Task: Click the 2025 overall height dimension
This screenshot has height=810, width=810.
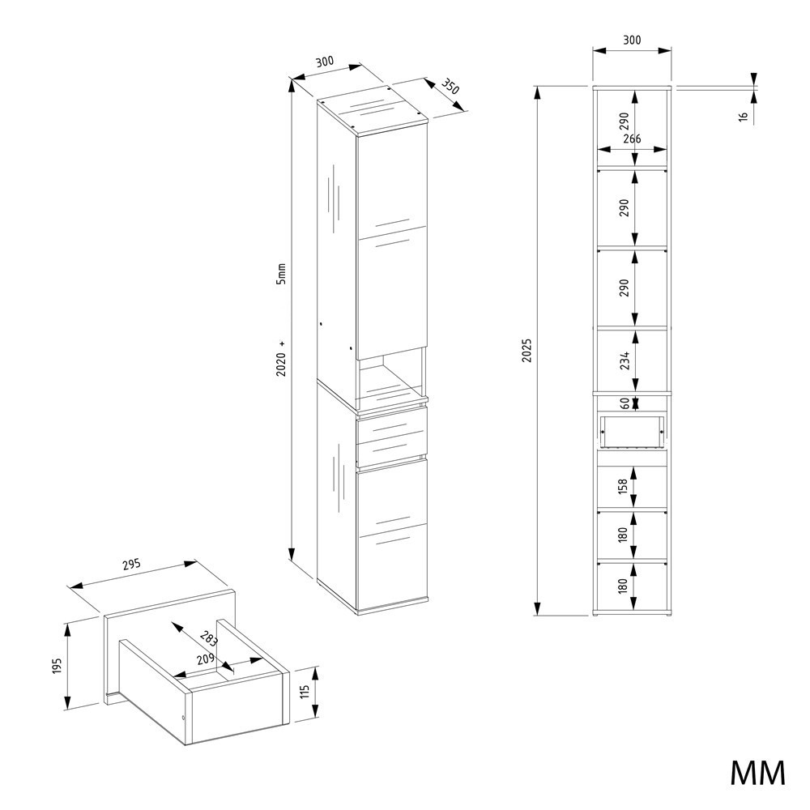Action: (526, 351)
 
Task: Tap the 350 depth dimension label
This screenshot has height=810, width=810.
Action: (450, 87)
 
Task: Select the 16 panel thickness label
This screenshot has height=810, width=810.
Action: (744, 117)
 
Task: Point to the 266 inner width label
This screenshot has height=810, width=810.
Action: (632, 139)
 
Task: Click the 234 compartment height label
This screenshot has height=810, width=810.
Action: (625, 360)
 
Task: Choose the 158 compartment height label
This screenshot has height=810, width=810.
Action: (622, 486)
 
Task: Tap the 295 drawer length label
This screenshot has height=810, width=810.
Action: (132, 565)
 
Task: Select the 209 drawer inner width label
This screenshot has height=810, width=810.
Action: (206, 659)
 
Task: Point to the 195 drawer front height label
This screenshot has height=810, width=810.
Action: (57, 666)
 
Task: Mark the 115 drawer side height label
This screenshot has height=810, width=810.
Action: (304, 692)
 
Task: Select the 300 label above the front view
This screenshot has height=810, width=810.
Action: (631, 40)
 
